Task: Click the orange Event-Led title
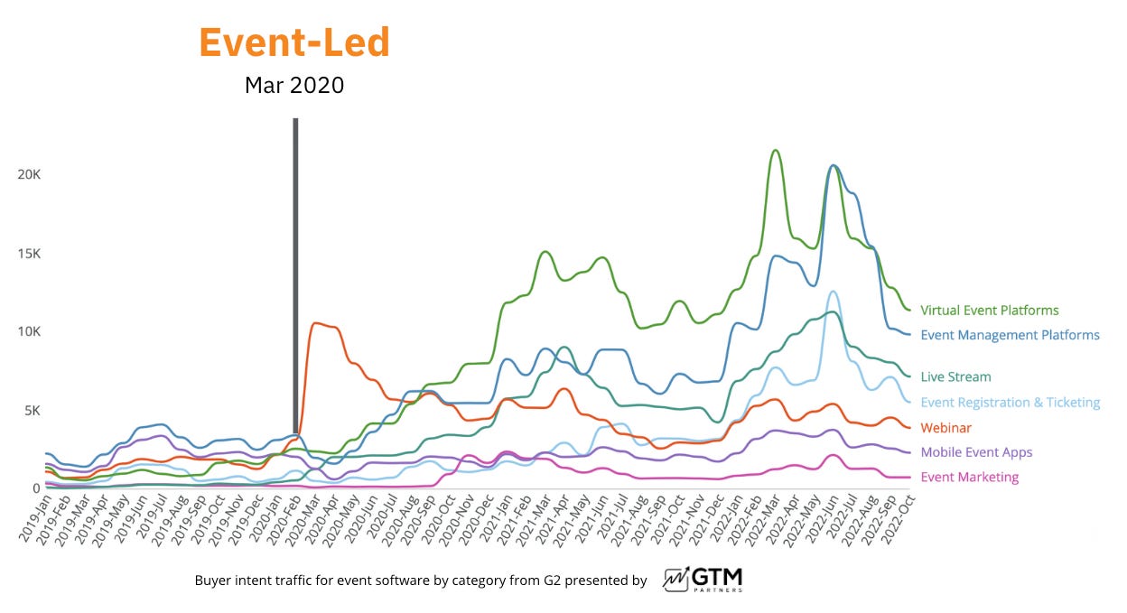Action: (x=294, y=42)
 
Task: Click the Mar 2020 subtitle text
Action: (x=294, y=86)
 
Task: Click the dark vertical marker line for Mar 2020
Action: (x=295, y=271)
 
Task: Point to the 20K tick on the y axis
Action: (x=29, y=174)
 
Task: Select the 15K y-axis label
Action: (x=29, y=254)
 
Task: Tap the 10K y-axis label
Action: (x=29, y=331)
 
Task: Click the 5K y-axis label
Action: (x=32, y=411)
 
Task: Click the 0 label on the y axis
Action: (x=36, y=488)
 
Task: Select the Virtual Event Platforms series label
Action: (x=989, y=311)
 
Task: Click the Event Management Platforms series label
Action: (x=1010, y=335)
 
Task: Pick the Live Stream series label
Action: (x=955, y=377)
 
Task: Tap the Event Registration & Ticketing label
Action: (x=1010, y=403)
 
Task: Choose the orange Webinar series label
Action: (x=945, y=428)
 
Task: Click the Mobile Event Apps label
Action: (x=975, y=452)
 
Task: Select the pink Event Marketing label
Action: (x=969, y=478)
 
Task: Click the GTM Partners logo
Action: (x=703, y=579)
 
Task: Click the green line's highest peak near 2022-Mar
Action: (x=775, y=150)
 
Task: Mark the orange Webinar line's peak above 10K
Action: (x=314, y=322)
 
